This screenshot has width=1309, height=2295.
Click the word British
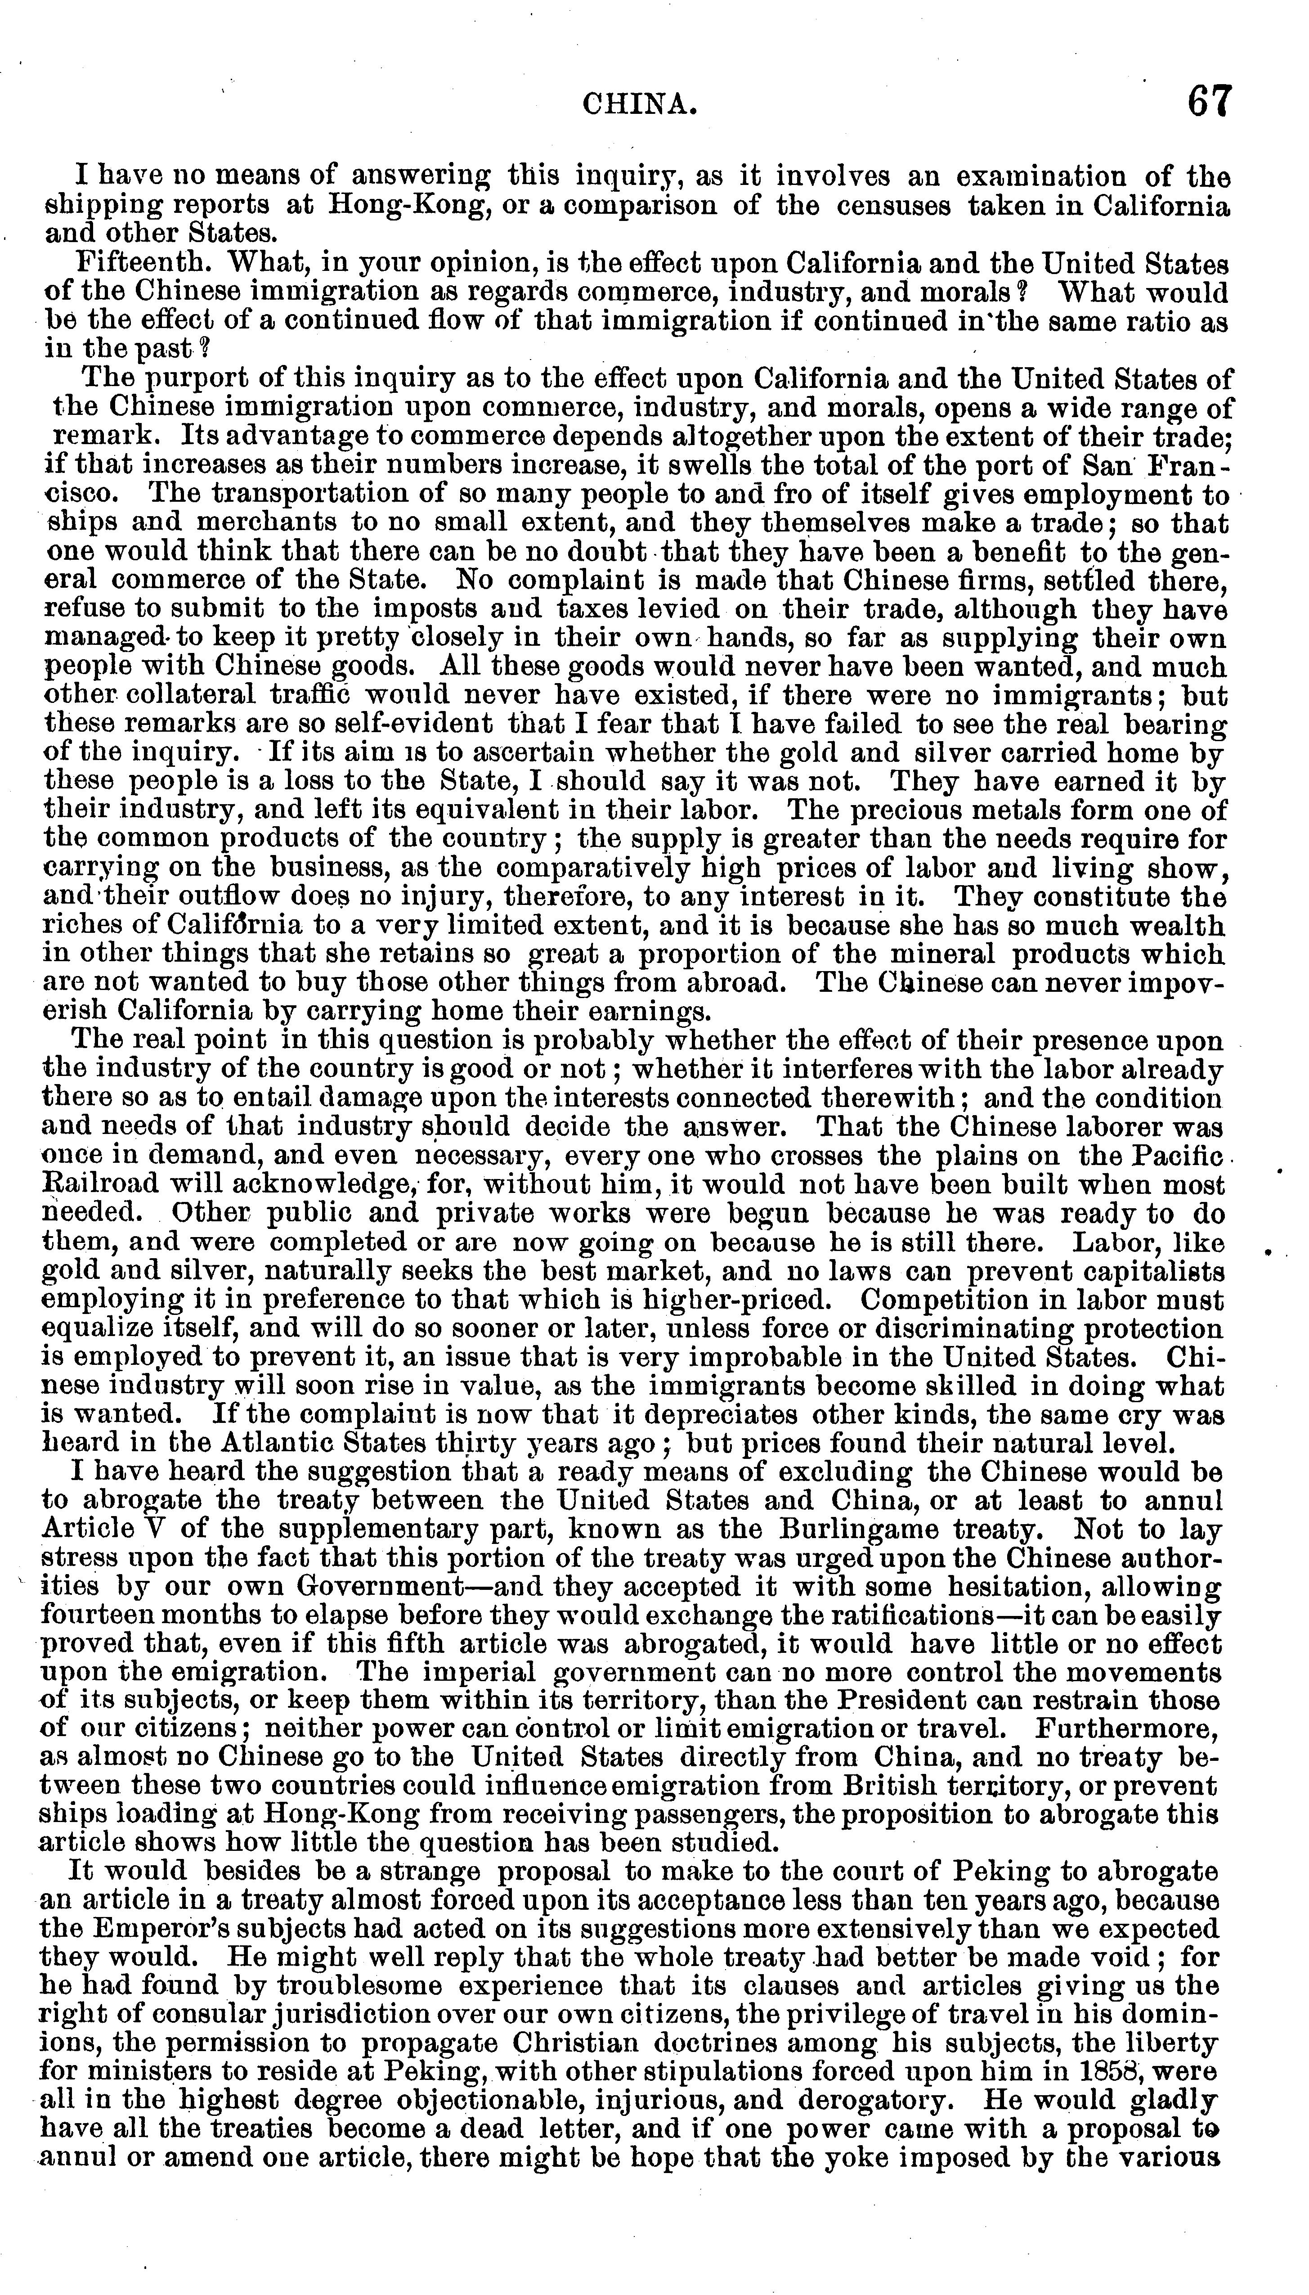pos(968,1789)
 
